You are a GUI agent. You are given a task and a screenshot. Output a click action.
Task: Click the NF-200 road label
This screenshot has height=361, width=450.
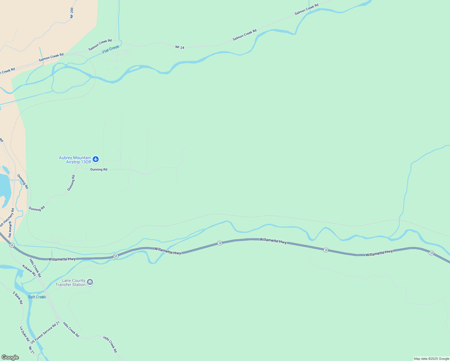pyautogui.click(x=72, y=13)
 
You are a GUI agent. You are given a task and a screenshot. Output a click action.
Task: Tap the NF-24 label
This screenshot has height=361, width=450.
pyautogui.click(x=180, y=47)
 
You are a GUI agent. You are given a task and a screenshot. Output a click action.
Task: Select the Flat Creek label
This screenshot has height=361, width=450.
pyautogui.click(x=111, y=49)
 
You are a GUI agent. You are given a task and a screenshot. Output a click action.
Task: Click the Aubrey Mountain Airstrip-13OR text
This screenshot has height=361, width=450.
pyautogui.click(x=75, y=160)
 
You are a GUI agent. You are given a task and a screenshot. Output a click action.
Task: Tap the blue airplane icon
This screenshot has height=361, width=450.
pyautogui.click(x=96, y=159)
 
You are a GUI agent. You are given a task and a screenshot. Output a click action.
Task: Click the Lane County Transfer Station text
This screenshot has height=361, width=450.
pyautogui.click(x=70, y=282)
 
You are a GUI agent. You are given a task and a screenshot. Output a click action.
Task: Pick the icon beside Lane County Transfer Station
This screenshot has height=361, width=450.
pyautogui.click(x=90, y=282)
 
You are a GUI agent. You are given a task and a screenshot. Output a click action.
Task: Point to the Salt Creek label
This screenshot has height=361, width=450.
pyautogui.click(x=37, y=297)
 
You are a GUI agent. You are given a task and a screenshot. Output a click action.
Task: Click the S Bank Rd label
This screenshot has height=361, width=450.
pyautogui.click(x=18, y=298)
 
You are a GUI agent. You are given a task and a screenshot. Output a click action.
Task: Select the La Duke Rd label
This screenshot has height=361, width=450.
pyautogui.click(x=24, y=334)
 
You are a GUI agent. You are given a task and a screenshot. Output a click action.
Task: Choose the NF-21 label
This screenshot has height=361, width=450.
pyautogui.click(x=31, y=350)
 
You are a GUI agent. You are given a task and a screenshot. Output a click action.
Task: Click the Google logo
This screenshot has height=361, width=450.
pyautogui.click(x=10, y=357)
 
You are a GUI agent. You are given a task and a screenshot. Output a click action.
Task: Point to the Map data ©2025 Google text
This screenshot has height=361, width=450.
pyautogui.click(x=431, y=359)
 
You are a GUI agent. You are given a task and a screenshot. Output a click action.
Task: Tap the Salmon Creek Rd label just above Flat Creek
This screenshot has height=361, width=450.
pyautogui.click(x=100, y=45)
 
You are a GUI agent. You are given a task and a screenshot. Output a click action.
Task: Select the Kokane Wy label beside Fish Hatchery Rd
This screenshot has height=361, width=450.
pyautogui.click(x=10, y=229)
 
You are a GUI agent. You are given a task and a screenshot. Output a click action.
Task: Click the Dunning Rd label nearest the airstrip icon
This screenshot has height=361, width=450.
pyautogui.click(x=99, y=169)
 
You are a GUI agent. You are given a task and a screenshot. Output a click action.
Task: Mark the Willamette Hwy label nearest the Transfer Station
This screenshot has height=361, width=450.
pyautogui.click(x=62, y=259)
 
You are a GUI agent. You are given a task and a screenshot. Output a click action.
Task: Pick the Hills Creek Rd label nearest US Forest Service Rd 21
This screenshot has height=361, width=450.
pyautogui.click(x=71, y=330)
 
